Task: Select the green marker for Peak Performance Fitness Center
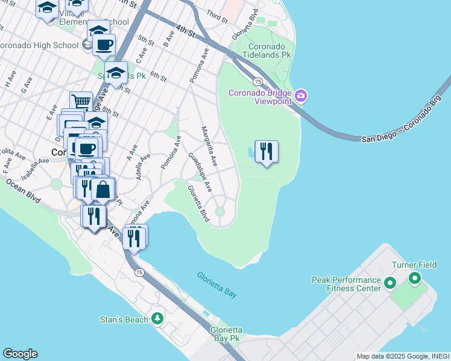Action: (390, 282)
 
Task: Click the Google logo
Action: (20, 353)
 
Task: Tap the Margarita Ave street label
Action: (210, 146)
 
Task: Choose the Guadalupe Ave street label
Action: (200, 171)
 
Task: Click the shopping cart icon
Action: (81, 101)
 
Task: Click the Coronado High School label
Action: (39, 45)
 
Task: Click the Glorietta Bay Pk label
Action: (226, 335)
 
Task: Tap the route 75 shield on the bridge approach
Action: (257, 81)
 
